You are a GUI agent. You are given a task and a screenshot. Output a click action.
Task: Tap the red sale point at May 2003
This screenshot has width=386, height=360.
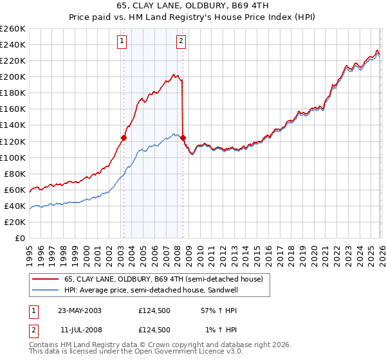[124, 138]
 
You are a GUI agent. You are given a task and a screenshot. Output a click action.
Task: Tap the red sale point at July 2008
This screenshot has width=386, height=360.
[183, 138]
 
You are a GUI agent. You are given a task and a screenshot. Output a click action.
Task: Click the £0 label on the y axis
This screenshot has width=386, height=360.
[20, 238]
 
